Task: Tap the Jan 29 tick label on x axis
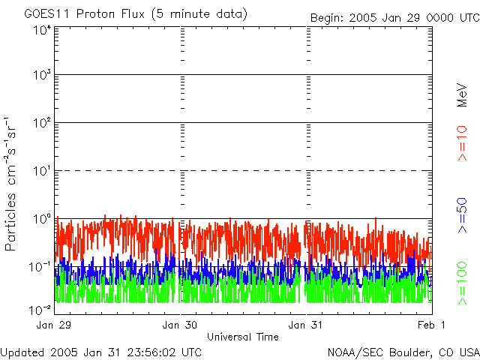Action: point(55,325)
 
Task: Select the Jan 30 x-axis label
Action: point(180,325)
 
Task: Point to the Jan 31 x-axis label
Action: point(306,325)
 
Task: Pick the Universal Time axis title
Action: point(243,337)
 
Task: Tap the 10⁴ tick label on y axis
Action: point(41,31)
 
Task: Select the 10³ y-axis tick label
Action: point(41,76)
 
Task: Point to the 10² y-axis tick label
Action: point(41,124)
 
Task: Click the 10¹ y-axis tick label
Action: point(41,172)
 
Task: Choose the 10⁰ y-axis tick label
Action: point(41,220)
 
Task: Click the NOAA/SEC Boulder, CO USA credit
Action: point(403,352)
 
